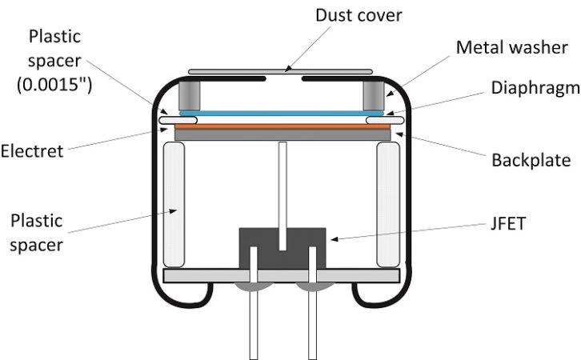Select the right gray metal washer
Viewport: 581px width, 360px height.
pos(373,95)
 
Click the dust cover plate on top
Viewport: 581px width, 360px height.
pos(280,72)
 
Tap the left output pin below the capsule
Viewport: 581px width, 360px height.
pos(254,320)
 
